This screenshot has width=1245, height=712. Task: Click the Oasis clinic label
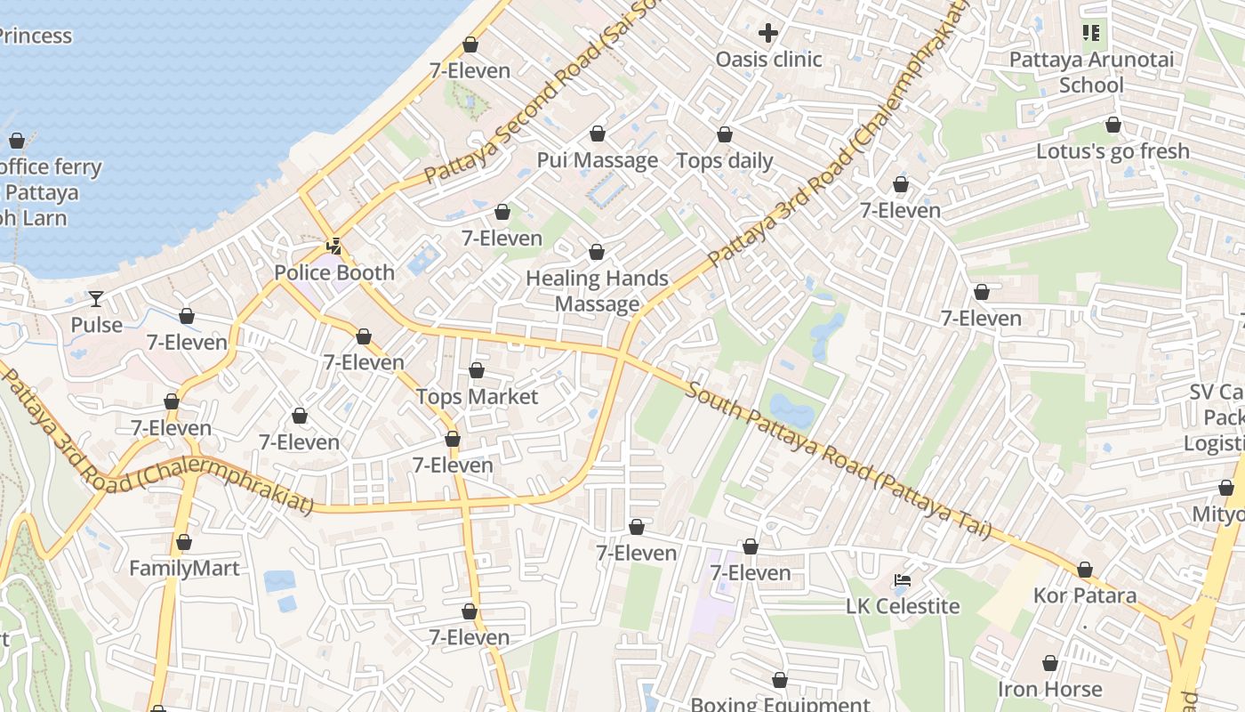[769, 60]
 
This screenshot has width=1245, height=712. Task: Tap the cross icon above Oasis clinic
[768, 34]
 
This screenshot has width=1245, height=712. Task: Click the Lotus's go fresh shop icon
[1112, 125]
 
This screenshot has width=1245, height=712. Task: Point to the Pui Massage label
[598, 160]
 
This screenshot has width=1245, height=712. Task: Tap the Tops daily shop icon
[725, 135]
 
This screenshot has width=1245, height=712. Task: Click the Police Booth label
[334, 272]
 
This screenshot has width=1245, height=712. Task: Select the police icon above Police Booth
[334, 246]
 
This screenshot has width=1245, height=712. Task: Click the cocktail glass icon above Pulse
[96, 298]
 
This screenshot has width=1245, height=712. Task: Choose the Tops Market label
[478, 396]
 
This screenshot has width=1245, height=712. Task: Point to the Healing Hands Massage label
[597, 291]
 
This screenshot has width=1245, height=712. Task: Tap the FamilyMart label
[184, 568]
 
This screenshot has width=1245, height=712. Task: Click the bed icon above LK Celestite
[903, 580]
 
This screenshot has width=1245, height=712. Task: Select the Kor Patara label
[1085, 595]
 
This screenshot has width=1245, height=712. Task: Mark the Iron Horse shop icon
[1050, 664]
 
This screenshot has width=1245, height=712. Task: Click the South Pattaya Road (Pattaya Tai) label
[839, 460]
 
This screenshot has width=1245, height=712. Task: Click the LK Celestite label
[903, 606]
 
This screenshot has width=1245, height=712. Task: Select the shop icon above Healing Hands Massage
[597, 253]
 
